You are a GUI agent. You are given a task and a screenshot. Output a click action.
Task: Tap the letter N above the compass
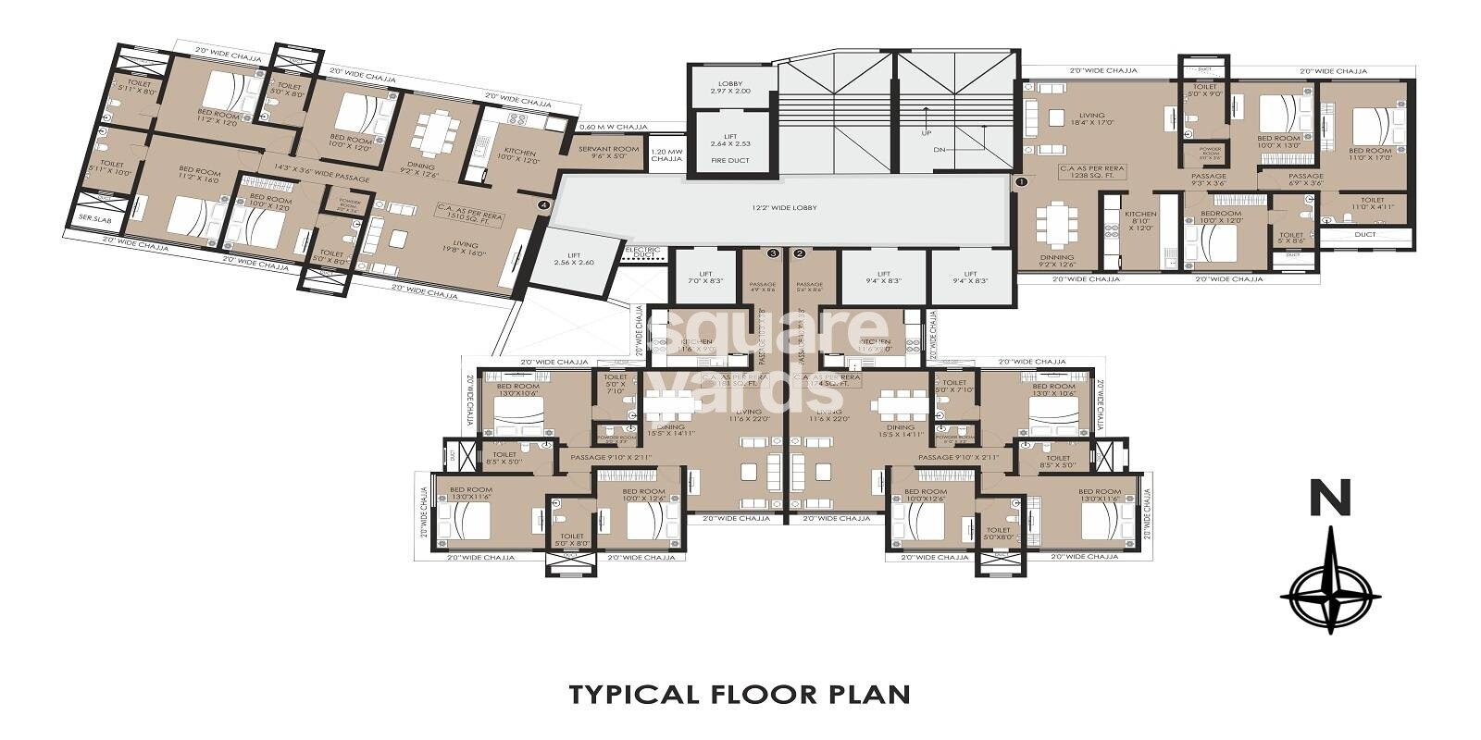tap(1329, 499)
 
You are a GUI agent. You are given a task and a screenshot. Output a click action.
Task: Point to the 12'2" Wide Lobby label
tap(785, 208)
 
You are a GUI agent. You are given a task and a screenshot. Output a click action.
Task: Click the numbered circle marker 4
tap(544, 204)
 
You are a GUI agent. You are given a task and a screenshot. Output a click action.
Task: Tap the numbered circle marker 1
tap(1020, 183)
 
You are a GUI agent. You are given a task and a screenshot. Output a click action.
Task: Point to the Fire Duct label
tap(730, 161)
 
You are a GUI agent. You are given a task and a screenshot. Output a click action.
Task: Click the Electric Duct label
tap(641, 252)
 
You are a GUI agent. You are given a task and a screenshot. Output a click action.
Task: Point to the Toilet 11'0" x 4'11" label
tap(1372, 203)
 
